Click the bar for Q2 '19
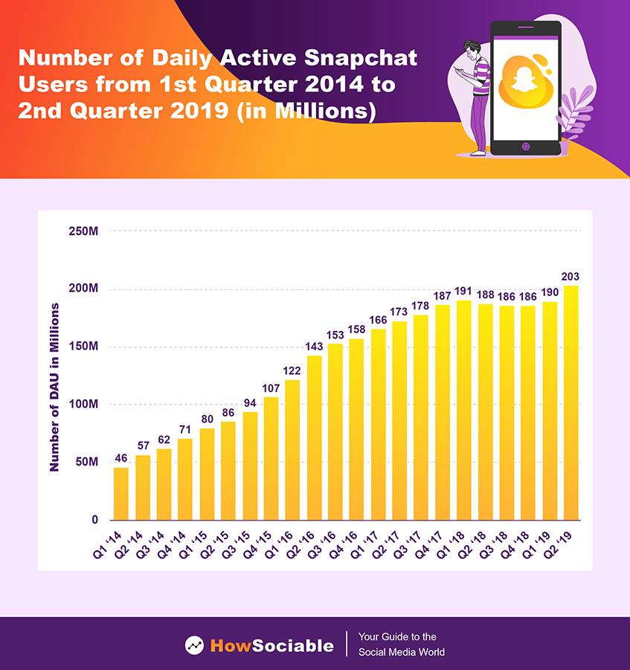(x=570, y=403)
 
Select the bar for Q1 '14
(x=120, y=494)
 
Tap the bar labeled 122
(x=292, y=450)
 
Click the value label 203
(x=570, y=277)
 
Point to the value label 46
(x=120, y=459)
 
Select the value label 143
(x=314, y=347)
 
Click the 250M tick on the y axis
(x=83, y=231)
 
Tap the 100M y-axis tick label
(x=83, y=405)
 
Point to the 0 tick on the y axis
(x=94, y=520)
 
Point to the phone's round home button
(x=525, y=146)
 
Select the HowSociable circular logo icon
(x=194, y=645)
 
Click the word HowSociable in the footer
(x=271, y=645)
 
